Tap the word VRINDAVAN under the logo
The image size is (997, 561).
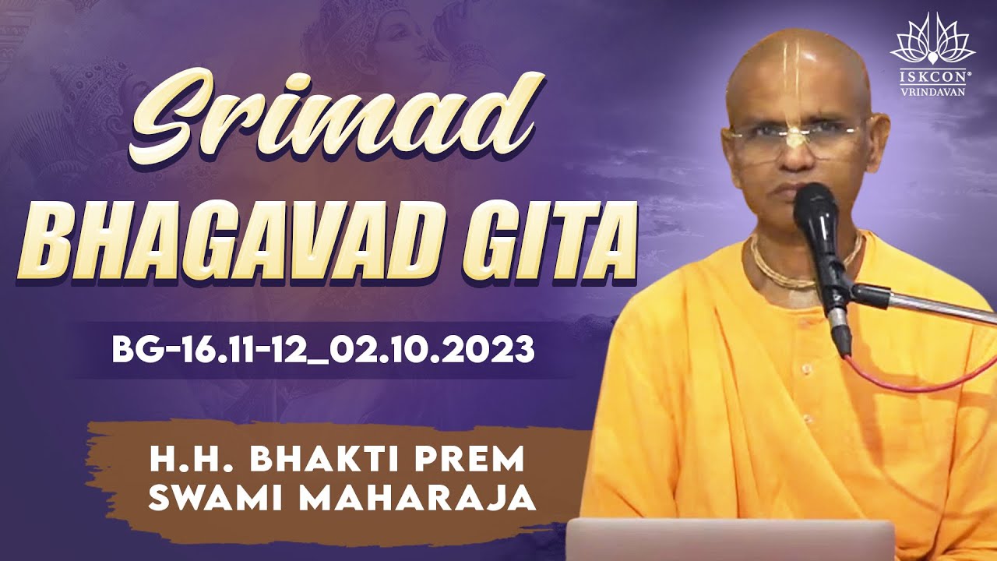932,90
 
